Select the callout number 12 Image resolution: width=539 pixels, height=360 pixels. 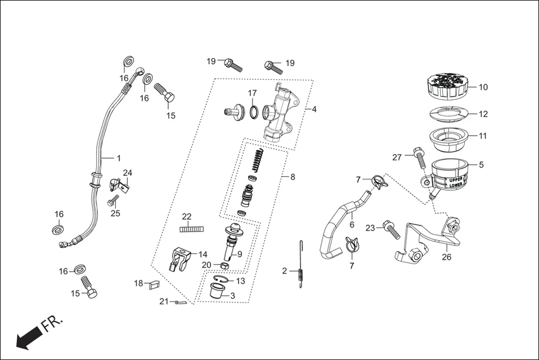(483, 114)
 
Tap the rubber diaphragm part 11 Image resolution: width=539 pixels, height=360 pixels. (449, 139)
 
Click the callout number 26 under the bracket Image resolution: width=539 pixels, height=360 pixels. (446, 257)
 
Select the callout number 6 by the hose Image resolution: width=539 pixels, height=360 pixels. (352, 224)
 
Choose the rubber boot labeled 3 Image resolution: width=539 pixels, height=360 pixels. (218, 291)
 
